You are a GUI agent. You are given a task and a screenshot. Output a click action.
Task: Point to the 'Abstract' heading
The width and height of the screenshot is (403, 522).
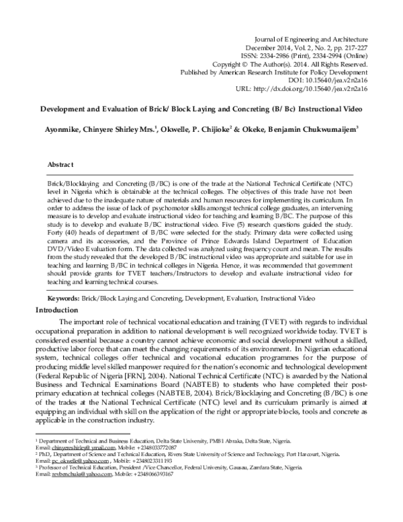coord(61,163)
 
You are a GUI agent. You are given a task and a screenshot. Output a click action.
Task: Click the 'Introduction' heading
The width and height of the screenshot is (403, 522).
coord(59,309)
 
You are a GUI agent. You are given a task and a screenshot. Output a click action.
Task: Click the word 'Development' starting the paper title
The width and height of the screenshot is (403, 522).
coord(66,106)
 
